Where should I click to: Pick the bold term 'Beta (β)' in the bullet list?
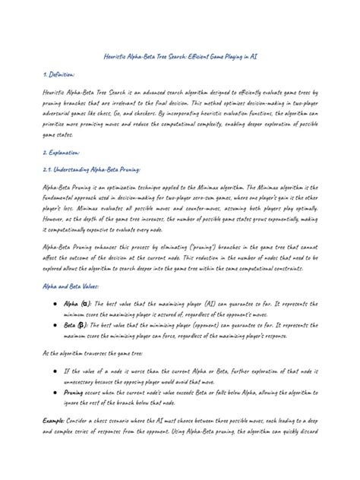[81, 324]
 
